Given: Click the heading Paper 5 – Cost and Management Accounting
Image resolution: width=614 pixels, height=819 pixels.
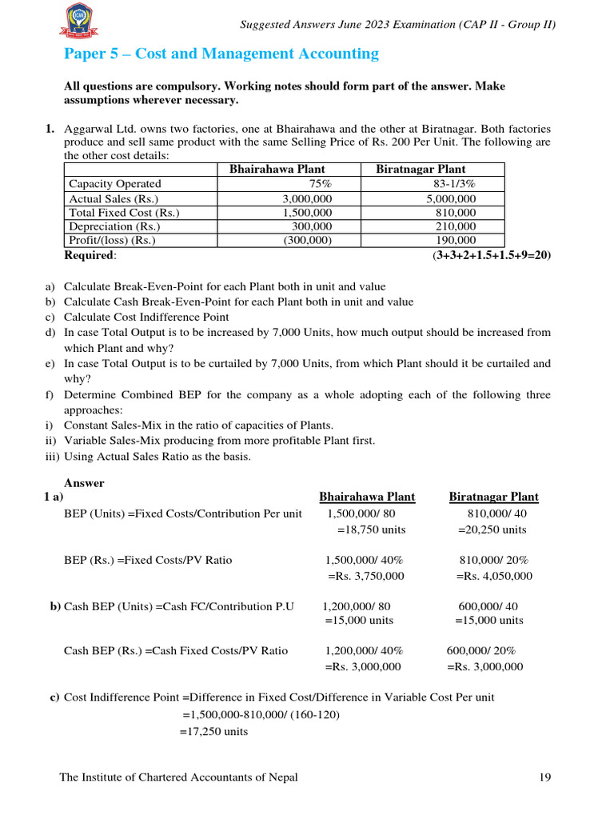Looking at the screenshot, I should pyautogui.click(x=221, y=54).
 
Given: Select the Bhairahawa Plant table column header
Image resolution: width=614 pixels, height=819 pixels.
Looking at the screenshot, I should pyautogui.click(x=277, y=169).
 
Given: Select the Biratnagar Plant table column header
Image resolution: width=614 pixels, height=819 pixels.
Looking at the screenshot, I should pyautogui.click(x=421, y=169).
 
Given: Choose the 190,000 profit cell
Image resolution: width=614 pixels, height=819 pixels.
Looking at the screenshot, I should pyautogui.click(x=457, y=241).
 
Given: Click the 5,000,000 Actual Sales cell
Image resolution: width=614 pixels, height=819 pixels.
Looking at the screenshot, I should pyautogui.click(x=451, y=198).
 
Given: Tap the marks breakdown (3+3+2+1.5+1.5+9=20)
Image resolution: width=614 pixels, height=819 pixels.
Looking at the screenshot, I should pyautogui.click(x=491, y=255).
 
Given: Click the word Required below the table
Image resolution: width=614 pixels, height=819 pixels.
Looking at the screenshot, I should pyautogui.click(x=89, y=255).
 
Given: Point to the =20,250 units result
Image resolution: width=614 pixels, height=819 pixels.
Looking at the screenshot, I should pyautogui.click(x=492, y=529).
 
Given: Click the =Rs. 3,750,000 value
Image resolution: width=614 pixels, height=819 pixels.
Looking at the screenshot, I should pyautogui.click(x=365, y=576).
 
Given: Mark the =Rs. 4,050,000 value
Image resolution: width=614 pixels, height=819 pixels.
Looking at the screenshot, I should pyautogui.click(x=494, y=576).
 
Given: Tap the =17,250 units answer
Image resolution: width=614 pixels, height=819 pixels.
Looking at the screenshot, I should pyautogui.click(x=213, y=731).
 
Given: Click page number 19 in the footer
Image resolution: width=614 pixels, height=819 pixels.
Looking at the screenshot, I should pyautogui.click(x=545, y=777).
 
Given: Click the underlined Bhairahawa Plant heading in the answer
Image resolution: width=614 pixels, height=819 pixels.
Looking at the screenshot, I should pyautogui.click(x=367, y=497).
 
